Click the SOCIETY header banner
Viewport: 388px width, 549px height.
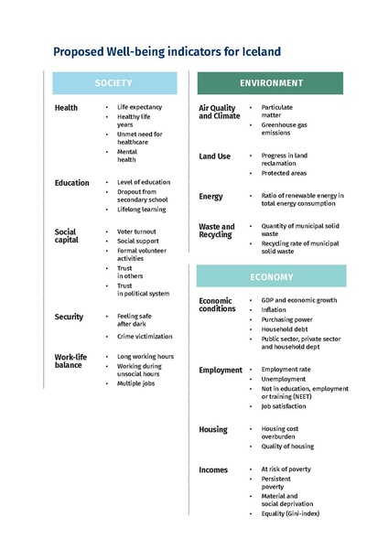point(113,83)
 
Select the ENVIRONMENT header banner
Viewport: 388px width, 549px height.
point(271,83)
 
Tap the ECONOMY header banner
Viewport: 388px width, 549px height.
point(271,276)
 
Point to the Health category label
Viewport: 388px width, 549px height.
point(66,108)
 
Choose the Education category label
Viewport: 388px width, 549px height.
point(71,183)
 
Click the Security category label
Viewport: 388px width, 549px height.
point(69,317)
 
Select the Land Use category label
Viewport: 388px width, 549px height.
point(215,156)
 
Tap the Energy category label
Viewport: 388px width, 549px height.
point(210,197)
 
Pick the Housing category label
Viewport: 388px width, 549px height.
point(213,429)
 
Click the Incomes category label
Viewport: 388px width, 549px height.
point(213,469)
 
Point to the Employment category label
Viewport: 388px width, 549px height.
point(221,371)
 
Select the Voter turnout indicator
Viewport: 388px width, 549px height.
point(136,232)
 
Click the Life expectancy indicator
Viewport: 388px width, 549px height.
point(139,107)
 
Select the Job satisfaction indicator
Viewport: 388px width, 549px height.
point(284,406)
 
